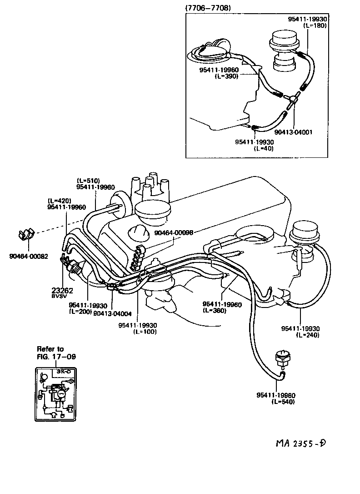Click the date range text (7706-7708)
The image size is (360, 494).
208,8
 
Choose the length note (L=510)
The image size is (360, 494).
88,181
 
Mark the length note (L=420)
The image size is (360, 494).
59,201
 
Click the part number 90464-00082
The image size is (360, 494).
28,256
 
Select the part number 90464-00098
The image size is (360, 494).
174,232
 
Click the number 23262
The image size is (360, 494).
63,290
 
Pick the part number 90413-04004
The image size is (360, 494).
112,313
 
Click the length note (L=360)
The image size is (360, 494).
215,310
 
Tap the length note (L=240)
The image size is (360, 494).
307,335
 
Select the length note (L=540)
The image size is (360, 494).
284,402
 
